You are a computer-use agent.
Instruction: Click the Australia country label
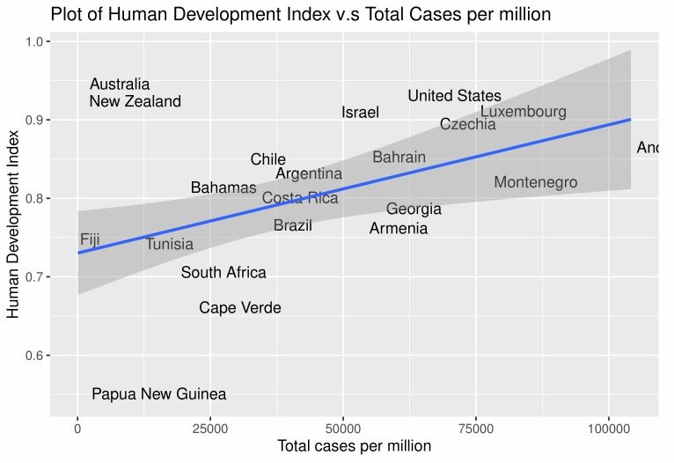click(x=120, y=85)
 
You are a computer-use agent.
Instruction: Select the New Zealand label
click(x=135, y=101)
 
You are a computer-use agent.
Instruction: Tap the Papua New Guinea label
click(x=158, y=394)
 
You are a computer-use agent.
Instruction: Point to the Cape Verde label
click(x=239, y=308)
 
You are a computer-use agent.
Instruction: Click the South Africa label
click(x=223, y=273)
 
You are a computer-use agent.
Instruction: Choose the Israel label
click(x=360, y=113)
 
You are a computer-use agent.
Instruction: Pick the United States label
click(x=454, y=96)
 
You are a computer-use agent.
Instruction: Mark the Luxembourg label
click(x=523, y=112)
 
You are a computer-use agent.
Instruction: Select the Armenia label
click(x=398, y=229)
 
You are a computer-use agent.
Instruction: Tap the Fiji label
click(x=89, y=239)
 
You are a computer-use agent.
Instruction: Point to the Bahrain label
click(x=399, y=158)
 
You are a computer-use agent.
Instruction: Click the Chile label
click(x=267, y=159)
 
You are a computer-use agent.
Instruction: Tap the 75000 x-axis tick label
click(x=475, y=429)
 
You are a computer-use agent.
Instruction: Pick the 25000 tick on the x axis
click(x=209, y=429)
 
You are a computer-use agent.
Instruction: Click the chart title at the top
click(x=300, y=14)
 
